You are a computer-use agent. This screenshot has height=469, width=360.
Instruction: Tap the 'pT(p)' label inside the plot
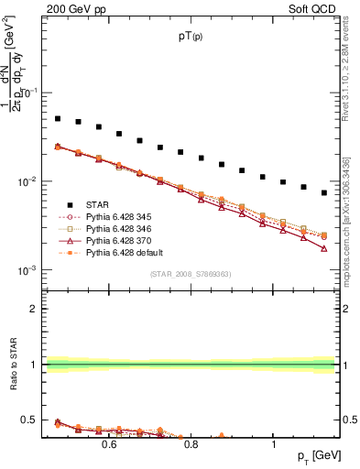(191, 37)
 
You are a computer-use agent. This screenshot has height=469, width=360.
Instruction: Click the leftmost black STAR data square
(58, 118)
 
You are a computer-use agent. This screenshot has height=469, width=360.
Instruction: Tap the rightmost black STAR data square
(324, 192)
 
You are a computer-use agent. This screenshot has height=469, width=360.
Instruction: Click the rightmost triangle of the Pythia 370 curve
(324, 248)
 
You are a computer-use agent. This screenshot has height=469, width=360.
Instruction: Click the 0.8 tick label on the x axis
(191, 445)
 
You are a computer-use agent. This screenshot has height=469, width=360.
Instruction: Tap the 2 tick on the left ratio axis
(33, 309)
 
